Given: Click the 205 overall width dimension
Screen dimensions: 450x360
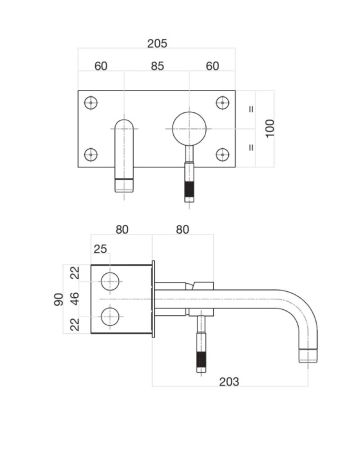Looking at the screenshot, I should tap(156, 44).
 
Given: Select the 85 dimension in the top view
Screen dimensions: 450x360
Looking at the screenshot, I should tap(156, 68).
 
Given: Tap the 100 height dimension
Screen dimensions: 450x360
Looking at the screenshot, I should tap(267, 129).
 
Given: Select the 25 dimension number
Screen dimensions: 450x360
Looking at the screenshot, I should tap(101, 248).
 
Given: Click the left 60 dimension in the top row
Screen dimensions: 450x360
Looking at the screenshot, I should tap(100, 68).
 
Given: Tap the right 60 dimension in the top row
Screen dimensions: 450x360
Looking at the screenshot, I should tap(211, 68).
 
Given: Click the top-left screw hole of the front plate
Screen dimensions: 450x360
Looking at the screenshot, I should tap(92, 102).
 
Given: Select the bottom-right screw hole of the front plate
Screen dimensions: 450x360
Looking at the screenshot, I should tap(222, 154).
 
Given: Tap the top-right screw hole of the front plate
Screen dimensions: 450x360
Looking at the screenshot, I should tap(222, 102).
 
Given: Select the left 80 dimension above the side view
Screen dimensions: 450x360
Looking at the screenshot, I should tap(122, 229).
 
